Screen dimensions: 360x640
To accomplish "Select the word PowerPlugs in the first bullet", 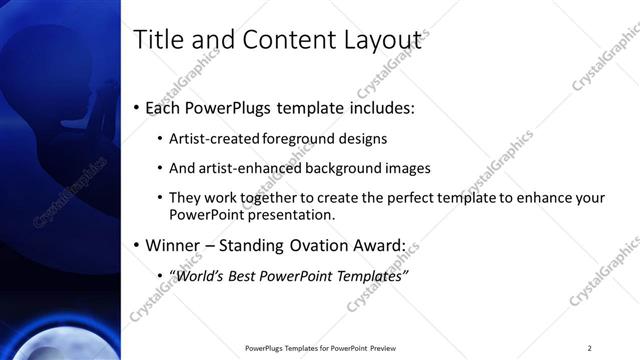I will (233, 106).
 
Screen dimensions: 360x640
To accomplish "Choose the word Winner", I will (178, 244).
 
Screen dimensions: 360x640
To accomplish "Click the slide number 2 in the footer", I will (590, 348).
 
